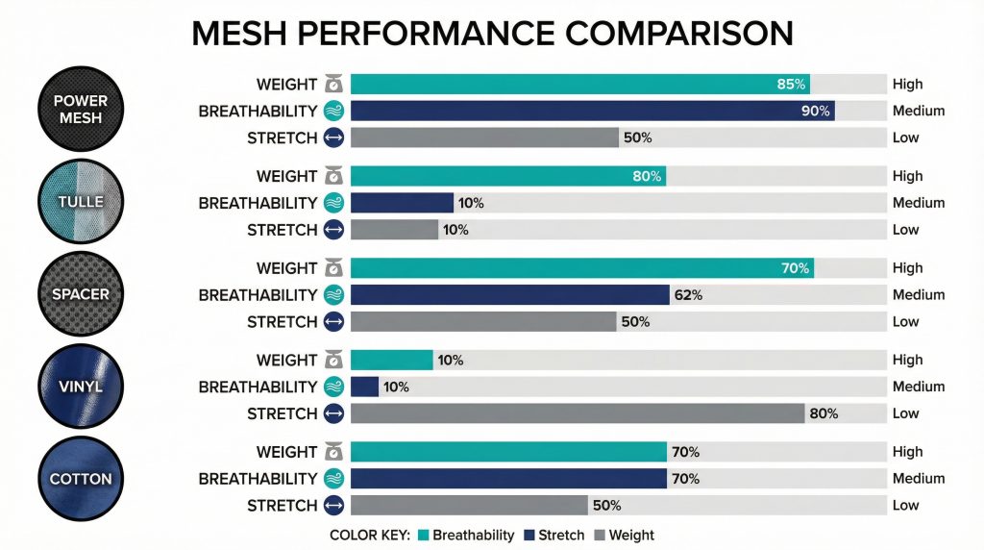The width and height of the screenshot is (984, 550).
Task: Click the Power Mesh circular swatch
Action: tap(81, 111)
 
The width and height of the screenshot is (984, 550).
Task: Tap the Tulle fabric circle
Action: tap(81, 203)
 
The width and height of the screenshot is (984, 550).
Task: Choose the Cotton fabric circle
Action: tap(81, 479)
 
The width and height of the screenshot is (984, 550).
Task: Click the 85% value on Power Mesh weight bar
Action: tap(790, 85)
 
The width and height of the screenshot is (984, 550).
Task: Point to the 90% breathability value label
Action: tap(815, 112)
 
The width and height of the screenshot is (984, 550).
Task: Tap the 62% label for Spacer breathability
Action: tap(688, 295)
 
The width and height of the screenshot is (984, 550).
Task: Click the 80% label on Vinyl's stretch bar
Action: tap(824, 414)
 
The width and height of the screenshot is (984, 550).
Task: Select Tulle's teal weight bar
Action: tap(507, 176)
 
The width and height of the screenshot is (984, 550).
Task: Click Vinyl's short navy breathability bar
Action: tap(364, 387)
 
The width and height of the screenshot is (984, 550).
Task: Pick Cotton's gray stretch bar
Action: tap(469, 506)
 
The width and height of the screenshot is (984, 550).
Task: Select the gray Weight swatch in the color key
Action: tap(601, 536)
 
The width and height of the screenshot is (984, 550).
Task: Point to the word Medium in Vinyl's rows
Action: tap(918, 387)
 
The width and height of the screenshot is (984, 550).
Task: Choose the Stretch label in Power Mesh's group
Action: tap(282, 137)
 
